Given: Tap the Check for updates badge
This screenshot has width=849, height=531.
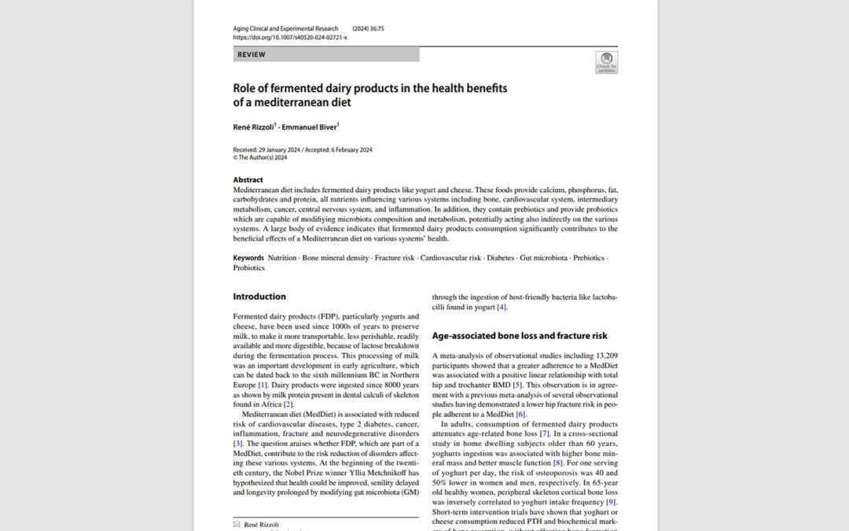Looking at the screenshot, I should (x=606, y=62).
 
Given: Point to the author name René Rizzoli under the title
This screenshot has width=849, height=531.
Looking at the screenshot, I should (x=254, y=127).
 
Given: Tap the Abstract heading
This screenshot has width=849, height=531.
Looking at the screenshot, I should (x=248, y=179).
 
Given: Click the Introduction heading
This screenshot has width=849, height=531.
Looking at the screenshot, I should (x=259, y=297).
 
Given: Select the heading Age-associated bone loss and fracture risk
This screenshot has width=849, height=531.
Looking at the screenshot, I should (x=520, y=336).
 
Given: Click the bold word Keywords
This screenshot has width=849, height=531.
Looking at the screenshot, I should (x=248, y=258).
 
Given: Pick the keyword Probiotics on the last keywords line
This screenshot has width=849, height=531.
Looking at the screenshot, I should (x=249, y=267).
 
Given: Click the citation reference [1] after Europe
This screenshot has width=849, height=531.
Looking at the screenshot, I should (x=263, y=385).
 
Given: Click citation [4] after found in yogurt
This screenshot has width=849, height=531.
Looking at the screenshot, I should (x=502, y=307).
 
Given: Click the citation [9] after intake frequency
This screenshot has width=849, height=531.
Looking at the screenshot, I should (x=611, y=502).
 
